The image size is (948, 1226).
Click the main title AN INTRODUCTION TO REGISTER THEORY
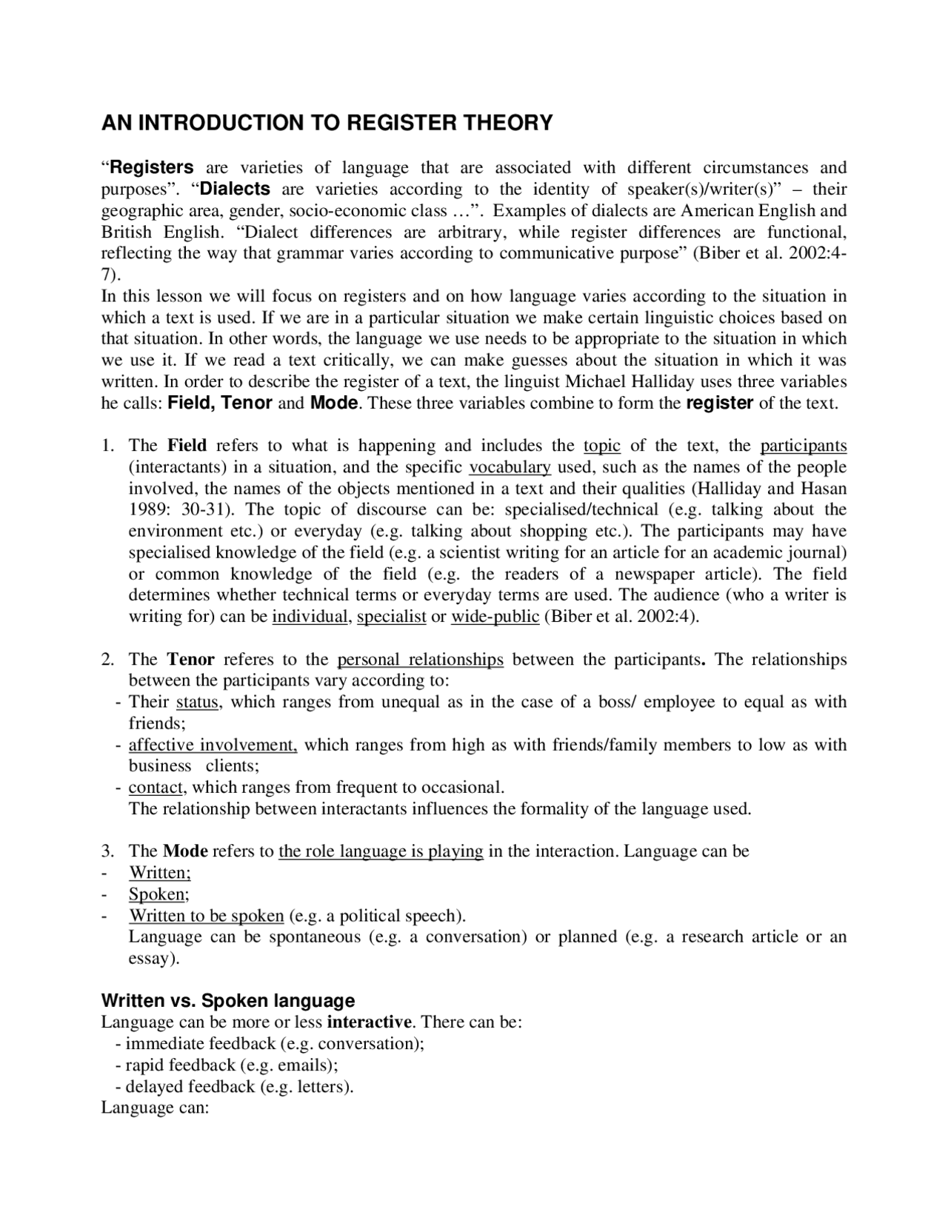[327, 123]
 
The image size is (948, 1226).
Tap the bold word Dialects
[235, 189]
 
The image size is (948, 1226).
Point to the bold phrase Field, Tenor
[221, 403]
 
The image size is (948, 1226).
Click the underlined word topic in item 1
[601, 446]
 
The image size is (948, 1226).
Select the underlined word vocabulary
[510, 467]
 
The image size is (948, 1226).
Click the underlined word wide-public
[495, 617]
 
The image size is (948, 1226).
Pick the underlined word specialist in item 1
[391, 617]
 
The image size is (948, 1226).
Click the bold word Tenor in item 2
[190, 660]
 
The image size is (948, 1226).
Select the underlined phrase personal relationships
[420, 660]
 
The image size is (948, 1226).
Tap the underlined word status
[197, 702]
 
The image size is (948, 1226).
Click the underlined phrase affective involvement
[213, 745]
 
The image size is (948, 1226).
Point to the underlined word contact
[156, 787]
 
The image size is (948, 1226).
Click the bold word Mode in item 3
[184, 851]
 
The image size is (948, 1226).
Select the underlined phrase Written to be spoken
[207, 916]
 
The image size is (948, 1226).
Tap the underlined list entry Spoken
[157, 894]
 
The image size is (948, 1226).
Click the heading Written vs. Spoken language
[227, 1001]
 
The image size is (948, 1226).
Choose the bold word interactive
[369, 1022]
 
